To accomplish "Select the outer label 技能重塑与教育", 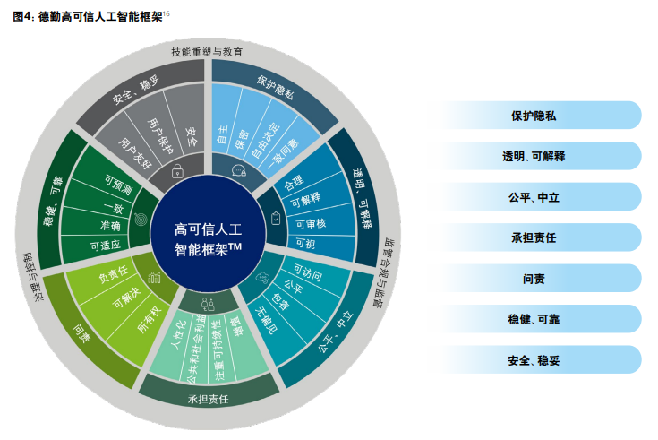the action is click(x=208, y=52).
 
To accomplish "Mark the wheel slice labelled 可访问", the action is click(x=308, y=271).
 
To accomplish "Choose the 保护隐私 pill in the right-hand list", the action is click(x=534, y=115).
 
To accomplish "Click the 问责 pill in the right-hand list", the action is click(x=534, y=278).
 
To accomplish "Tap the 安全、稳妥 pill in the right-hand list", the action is click(x=534, y=359).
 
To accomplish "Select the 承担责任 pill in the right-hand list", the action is click(x=534, y=237).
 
